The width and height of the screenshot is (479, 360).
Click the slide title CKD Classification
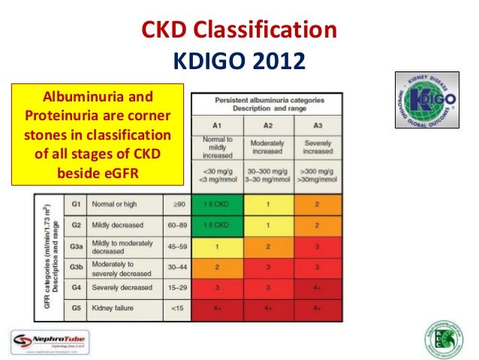239,31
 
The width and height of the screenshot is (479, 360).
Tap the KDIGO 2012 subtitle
239,59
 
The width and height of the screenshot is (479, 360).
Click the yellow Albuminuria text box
100,135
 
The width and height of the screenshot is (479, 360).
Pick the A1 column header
217,125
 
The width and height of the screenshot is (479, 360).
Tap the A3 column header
318,125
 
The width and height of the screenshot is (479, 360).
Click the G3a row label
76,245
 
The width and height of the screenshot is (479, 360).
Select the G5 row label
76,308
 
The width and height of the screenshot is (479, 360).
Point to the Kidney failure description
113,308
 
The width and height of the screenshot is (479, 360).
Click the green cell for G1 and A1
217,204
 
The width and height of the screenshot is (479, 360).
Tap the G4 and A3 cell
318,287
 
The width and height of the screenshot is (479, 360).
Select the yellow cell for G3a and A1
217,245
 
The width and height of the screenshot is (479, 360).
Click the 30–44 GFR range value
177,266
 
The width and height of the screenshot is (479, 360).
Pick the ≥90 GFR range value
177,204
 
